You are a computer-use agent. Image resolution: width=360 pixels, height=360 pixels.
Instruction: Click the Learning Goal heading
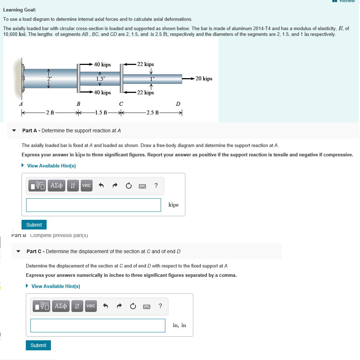[19, 10]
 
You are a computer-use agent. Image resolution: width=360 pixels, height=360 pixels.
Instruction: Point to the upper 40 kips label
[102, 65]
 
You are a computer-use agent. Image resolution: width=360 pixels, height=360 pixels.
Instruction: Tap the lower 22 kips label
[145, 93]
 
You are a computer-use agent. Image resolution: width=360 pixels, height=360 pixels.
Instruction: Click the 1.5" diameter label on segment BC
[100, 79]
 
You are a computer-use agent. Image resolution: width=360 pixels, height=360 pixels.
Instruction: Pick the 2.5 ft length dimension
[152, 113]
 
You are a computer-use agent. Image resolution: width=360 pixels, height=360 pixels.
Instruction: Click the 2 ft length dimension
[50, 113]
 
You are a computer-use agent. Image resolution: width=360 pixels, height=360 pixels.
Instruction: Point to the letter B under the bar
[78, 104]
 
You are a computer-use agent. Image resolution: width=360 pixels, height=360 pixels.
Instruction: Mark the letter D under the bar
[178, 104]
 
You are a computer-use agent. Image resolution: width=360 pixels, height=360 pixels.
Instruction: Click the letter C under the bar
[121, 104]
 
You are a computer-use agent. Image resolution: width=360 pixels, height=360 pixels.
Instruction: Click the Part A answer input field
[93, 205]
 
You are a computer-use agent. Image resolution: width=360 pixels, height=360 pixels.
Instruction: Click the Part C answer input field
[98, 326]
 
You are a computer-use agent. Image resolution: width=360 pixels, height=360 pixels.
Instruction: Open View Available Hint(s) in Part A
[51, 166]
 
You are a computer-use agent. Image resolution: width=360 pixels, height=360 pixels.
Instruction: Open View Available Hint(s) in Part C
[56, 286]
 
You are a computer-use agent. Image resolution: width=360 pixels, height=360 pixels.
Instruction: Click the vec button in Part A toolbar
[86, 185]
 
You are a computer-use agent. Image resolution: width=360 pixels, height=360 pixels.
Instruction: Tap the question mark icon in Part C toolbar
[160, 306]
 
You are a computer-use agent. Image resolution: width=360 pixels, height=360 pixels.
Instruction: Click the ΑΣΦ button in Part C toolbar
[61, 306]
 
